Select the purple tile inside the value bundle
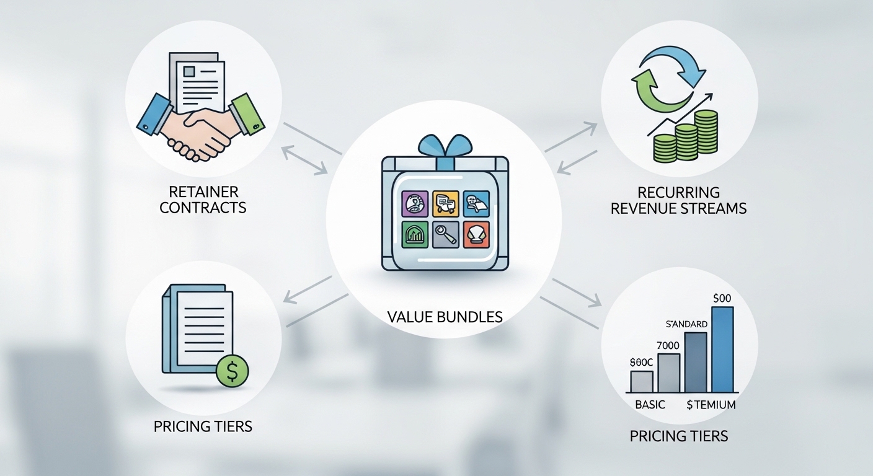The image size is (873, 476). (x=414, y=203)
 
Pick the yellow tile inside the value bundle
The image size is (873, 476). (x=445, y=203)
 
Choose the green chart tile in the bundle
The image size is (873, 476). (x=414, y=234)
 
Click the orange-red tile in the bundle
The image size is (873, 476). (x=476, y=234)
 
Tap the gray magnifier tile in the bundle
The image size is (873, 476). (x=445, y=234)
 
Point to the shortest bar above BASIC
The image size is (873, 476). (x=642, y=381)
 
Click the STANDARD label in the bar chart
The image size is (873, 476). (x=686, y=324)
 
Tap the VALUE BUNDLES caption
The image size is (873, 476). (x=444, y=317)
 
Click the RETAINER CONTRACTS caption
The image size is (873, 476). (x=203, y=200)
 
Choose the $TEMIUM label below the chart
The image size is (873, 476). (x=711, y=405)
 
